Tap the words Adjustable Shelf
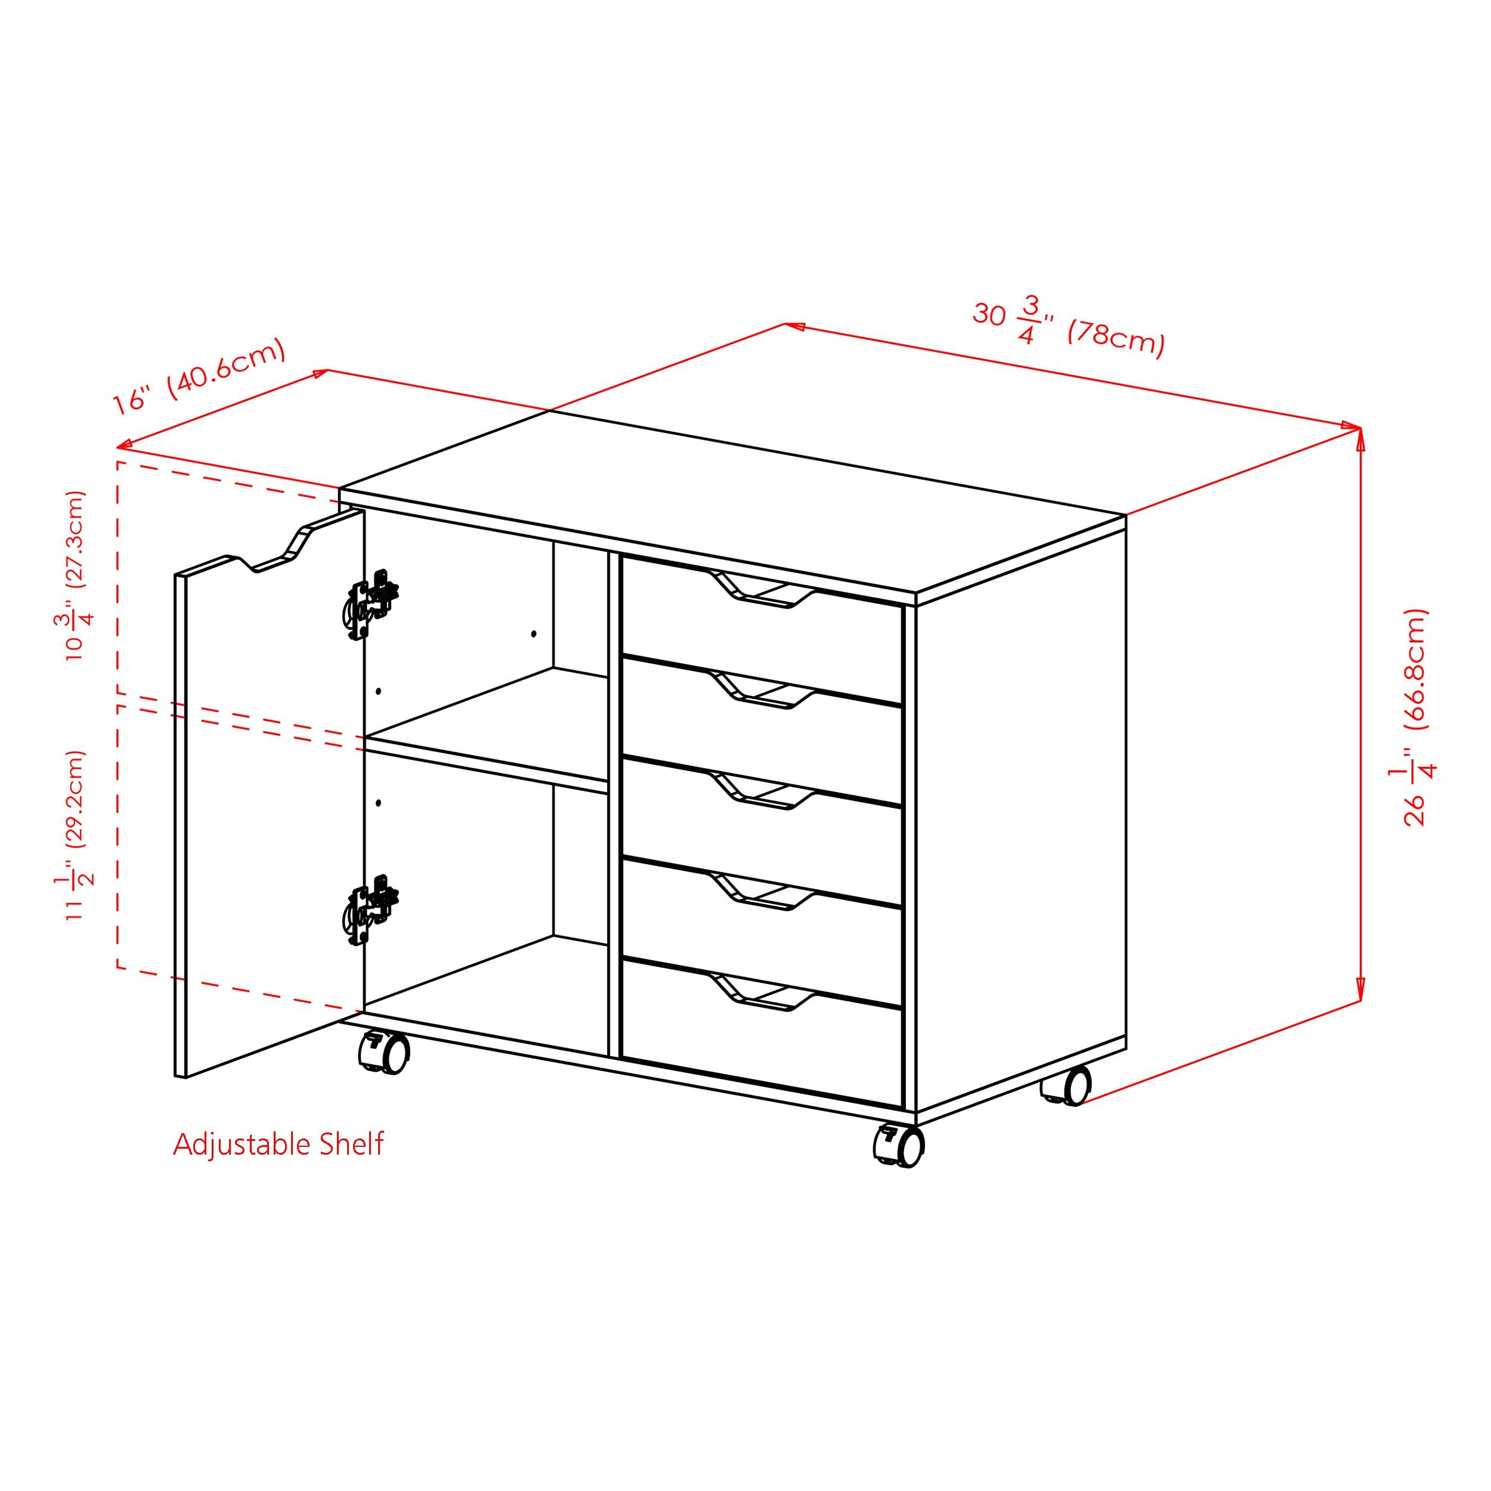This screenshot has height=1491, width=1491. [x=278, y=1144]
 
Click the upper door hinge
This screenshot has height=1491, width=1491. [x=371, y=604]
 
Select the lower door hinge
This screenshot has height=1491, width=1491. [x=371, y=909]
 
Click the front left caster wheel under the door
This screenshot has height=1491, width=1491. [x=384, y=1053]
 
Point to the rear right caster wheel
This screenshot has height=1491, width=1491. [x=1069, y=1086]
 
